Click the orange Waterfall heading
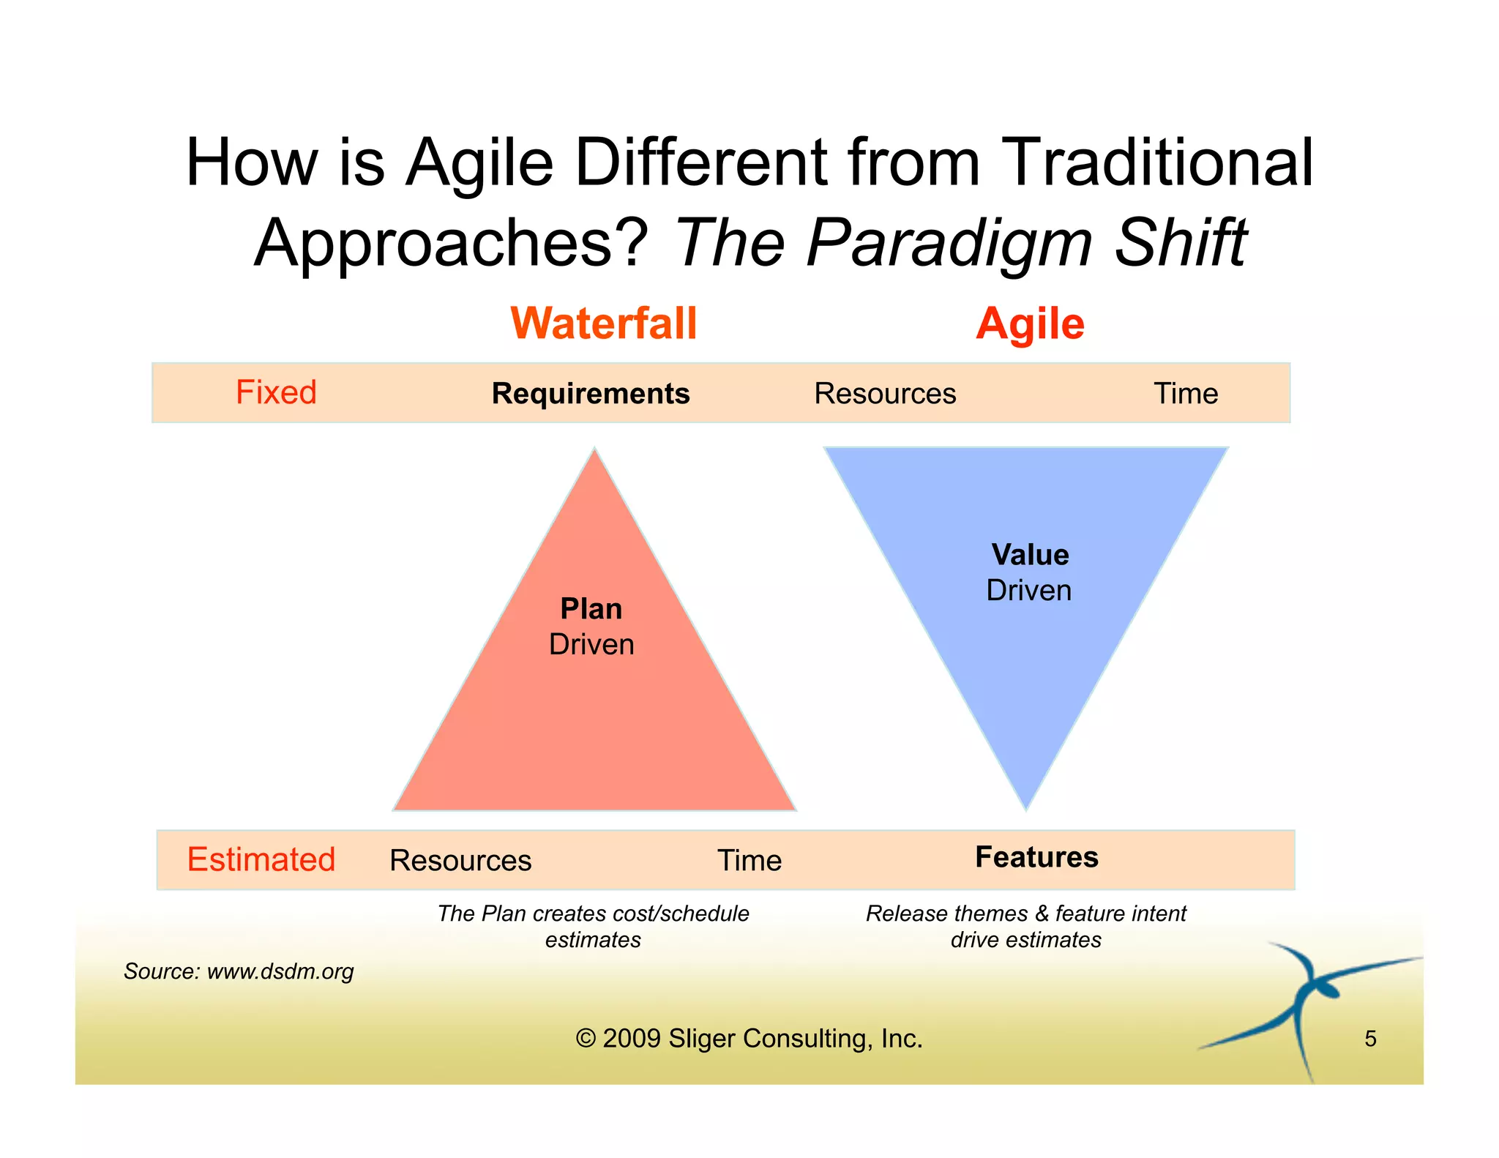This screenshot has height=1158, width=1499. pos(604,324)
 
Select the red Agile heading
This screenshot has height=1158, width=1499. pos(1030,324)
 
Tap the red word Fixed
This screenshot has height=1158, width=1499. pos(276,392)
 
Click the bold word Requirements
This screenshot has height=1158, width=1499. pos(591,394)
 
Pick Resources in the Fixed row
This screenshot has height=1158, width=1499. pos(885,394)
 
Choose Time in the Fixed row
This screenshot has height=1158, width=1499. pos(1186,394)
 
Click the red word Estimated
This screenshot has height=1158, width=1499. pos(261,859)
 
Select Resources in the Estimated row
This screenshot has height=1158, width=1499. pos(460,861)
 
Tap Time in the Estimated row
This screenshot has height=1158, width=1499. pos(749,861)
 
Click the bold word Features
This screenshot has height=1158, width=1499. pos(1036,857)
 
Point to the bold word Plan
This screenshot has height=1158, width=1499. pos(591,609)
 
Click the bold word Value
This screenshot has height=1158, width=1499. pos(1030,555)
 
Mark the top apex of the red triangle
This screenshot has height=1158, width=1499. pos(595,452)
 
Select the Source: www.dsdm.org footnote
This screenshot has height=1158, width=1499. pos(239,971)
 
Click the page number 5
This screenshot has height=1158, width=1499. pos(1370,1039)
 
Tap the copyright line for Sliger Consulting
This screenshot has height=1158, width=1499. pos(749,1039)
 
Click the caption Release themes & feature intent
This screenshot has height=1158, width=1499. pos(1025,914)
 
